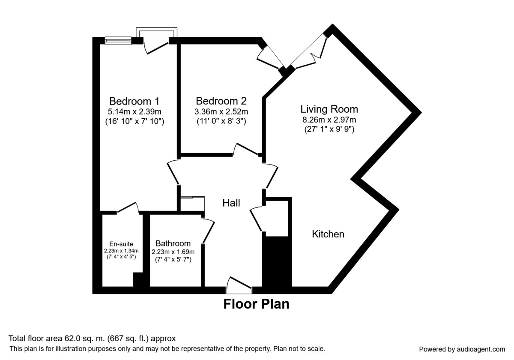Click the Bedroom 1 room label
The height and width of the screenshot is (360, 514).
tap(134, 101)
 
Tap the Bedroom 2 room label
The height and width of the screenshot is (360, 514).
tap(221, 101)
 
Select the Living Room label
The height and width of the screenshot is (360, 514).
tap(329, 109)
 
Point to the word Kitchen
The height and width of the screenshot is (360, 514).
tap(328, 234)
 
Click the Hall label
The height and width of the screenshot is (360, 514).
tap(231, 203)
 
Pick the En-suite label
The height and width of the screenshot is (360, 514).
tap(121, 244)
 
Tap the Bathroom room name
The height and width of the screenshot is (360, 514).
tap(173, 243)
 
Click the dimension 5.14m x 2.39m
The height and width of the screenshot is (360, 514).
tap(134, 112)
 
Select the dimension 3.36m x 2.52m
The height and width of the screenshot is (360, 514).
tap(221, 112)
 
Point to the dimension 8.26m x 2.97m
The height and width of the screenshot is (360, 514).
tap(329, 120)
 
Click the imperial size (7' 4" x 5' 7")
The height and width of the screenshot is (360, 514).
tap(173, 260)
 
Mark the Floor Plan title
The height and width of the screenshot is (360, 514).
tap(256, 304)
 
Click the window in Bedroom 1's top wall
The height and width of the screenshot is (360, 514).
tap(118, 41)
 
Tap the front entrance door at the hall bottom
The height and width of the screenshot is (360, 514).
tap(239, 285)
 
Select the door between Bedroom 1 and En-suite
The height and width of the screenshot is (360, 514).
tap(128, 208)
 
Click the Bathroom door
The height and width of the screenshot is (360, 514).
tap(208, 230)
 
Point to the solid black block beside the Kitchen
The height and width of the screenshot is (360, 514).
tap(277, 262)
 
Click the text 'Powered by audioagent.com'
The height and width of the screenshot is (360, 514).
tap(462, 349)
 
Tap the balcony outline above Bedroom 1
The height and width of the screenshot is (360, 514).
tap(156, 28)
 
